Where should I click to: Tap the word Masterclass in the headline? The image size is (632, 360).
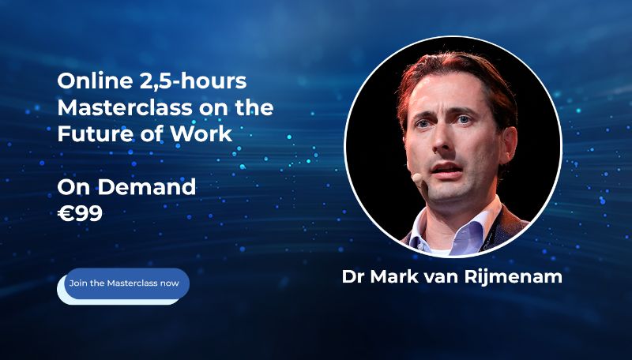(x=119, y=107)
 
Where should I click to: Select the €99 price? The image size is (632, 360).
(x=80, y=213)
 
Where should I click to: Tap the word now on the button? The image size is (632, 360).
(x=170, y=283)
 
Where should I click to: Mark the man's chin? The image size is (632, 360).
(x=453, y=194)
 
